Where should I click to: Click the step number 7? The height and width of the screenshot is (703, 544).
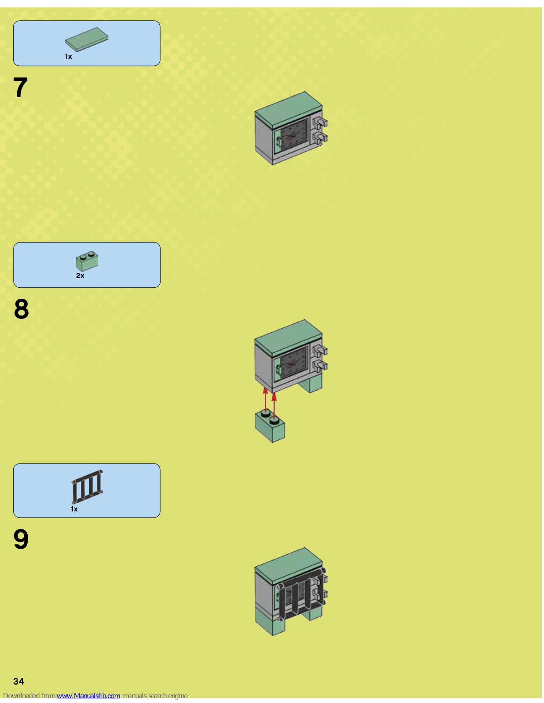pos(20,88)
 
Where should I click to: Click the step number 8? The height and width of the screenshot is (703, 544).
pos(22,309)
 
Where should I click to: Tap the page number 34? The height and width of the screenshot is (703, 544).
pos(19,681)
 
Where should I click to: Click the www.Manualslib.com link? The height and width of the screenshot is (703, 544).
pos(88,696)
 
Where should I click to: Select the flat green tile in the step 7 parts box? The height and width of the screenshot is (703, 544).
pos(87,39)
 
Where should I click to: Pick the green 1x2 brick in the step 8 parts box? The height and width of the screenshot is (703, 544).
pos(87,261)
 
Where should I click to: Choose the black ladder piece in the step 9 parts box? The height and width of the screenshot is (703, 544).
pos(87,486)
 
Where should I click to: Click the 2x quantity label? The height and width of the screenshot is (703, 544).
pos(80,275)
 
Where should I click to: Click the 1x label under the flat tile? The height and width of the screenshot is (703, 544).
pos(68,57)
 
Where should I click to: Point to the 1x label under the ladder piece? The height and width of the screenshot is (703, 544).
pos(74,509)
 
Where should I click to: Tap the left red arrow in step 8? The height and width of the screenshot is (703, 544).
pos(266,399)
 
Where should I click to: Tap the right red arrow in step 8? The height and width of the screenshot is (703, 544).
pos(274,406)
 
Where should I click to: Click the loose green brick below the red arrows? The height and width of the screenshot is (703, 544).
pos(270,426)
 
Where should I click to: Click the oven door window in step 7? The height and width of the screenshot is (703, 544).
pos(294,134)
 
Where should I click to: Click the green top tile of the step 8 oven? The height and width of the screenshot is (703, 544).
pos(288,337)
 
